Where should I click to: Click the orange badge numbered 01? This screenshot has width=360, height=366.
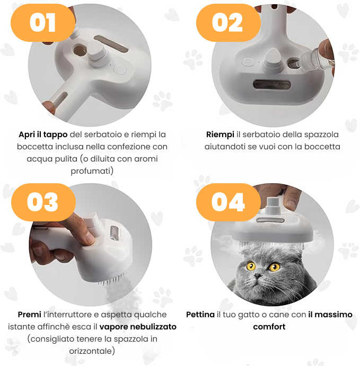[x=43, y=23]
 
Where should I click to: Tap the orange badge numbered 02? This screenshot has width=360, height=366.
[x=228, y=23]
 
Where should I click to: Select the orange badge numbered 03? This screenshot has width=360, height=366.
[x=43, y=202]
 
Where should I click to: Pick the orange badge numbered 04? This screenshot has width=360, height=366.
[x=228, y=202]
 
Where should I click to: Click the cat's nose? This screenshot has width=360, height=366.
[x=258, y=276]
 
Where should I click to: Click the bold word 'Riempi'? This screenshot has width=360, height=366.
[x=220, y=135]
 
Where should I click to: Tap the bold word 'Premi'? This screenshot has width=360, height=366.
[x=30, y=315]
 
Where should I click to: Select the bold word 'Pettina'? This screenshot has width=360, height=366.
[x=200, y=315]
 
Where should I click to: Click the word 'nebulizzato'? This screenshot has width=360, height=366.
[x=153, y=327]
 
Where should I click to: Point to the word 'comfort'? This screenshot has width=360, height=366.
[x=269, y=327]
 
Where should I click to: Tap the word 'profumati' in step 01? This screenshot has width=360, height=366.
[x=91, y=171]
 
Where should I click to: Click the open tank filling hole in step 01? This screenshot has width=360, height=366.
[x=80, y=51]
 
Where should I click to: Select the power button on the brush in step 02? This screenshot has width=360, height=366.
[x=248, y=62]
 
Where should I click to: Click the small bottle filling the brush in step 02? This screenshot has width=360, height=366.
[x=317, y=59]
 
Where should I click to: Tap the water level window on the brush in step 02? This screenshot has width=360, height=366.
[x=272, y=84]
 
